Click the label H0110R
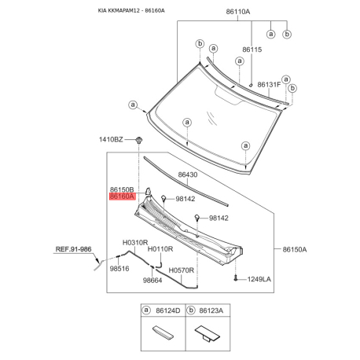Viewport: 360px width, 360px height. [x=160, y=248]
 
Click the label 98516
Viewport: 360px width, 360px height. [x=119, y=268]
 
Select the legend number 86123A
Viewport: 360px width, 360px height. [x=211, y=311]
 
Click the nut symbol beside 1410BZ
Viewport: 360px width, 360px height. [x=139, y=140]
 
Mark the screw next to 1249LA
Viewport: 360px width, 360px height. [x=236, y=278]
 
